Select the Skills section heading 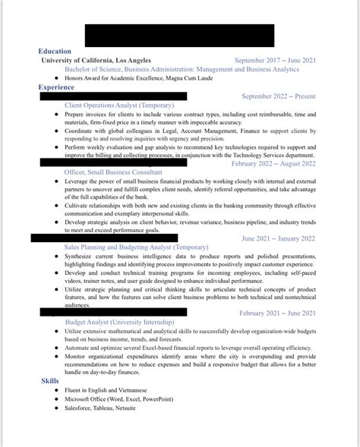click(x=50, y=380)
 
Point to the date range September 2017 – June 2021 click(x=275, y=60)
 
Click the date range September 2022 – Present click(x=279, y=96)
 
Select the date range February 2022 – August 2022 click(x=273, y=163)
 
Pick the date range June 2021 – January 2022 click(x=278, y=238)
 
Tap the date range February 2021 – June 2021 click(x=277, y=313)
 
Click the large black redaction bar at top click(x=179, y=35)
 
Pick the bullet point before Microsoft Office click(x=56, y=398)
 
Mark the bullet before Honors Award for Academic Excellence click(x=56, y=78)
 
